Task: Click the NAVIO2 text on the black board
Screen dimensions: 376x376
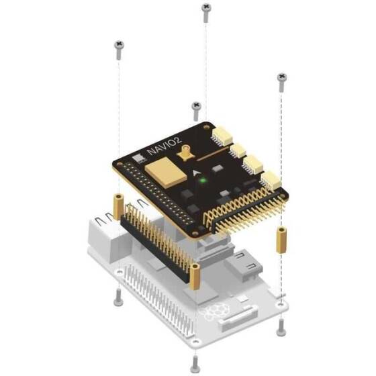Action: pos(164,146)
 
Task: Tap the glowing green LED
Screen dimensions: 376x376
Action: pos(203,181)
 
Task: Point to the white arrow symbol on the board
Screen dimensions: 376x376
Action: pos(196,173)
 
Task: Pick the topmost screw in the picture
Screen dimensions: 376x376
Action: pos(206,13)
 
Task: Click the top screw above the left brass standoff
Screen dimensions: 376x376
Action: pos(120,50)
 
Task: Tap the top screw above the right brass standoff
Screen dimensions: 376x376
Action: pos(282,83)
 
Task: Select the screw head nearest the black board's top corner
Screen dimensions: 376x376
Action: pos(196,111)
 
